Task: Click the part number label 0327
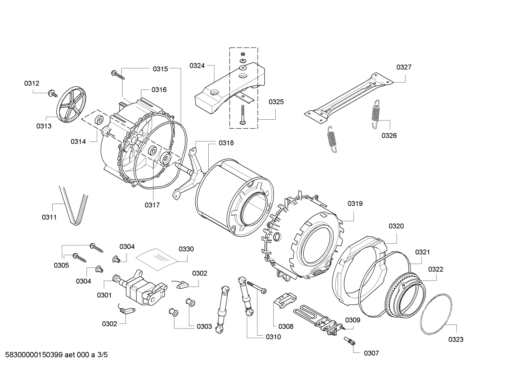404,67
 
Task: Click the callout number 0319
355,203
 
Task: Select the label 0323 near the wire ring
456,339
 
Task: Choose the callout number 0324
197,66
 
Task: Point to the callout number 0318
226,143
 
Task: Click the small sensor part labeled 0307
350,341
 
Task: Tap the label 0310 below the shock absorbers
273,337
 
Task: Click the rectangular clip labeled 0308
284,299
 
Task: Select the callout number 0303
204,326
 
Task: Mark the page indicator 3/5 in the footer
102,355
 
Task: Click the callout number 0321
422,252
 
